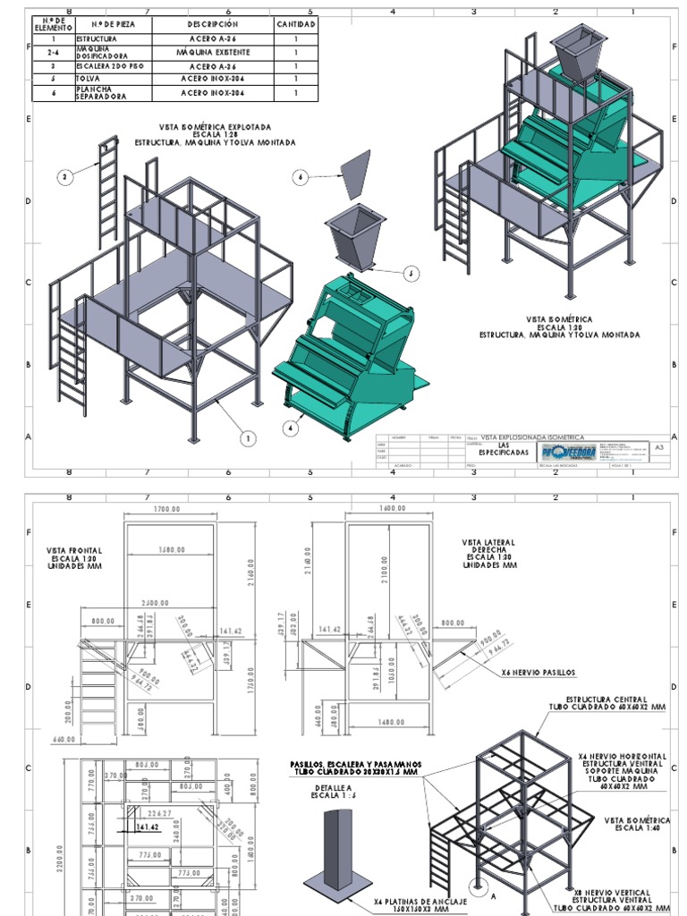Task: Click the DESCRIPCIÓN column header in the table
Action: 213,24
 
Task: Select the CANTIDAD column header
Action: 295,24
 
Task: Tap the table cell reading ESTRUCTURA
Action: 96,40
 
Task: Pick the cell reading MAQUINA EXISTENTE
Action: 213,53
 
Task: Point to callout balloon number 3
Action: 64,178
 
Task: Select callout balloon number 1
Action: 248,437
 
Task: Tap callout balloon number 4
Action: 291,428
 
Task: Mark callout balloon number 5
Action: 411,273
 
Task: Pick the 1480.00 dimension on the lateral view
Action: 390,723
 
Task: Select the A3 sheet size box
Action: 659,445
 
